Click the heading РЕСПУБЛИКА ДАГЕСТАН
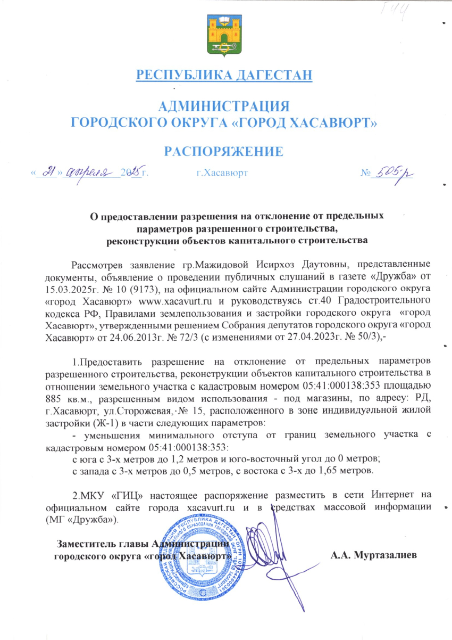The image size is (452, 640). point(224,75)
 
